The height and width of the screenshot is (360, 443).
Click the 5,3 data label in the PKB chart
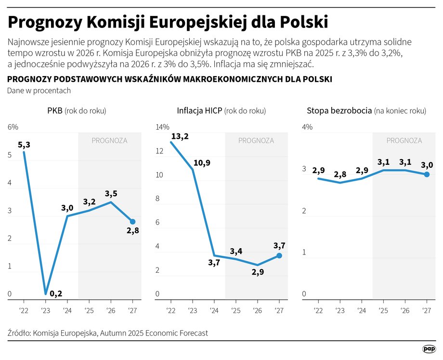click(x=24, y=145)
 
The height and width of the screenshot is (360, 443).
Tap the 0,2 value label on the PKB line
click(x=57, y=293)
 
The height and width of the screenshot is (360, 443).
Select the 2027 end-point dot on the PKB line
click(x=132, y=222)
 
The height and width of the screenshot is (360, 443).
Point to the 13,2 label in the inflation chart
click(x=180, y=136)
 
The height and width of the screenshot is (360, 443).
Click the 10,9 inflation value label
click(x=201, y=163)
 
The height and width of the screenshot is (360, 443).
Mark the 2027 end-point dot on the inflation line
click(x=279, y=255)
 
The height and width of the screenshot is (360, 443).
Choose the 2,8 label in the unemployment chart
click(x=340, y=173)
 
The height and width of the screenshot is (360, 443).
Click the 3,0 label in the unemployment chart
click(x=427, y=165)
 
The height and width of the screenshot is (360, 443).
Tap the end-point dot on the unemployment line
click(x=427, y=174)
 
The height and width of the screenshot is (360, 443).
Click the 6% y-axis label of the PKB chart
click(x=13, y=127)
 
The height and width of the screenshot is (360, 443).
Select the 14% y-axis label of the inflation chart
click(x=162, y=127)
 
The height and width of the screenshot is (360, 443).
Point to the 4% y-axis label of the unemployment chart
click(x=307, y=127)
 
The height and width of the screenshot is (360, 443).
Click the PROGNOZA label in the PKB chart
click(x=109, y=141)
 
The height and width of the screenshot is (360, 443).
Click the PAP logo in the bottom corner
click(x=429, y=349)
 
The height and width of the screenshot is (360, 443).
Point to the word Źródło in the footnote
click(x=19, y=333)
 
